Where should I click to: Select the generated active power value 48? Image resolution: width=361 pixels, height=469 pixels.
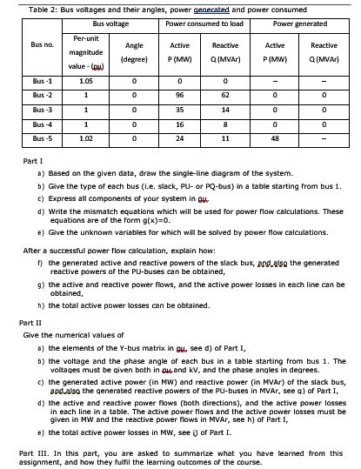click(x=274, y=137)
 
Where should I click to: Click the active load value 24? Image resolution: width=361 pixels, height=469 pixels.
click(x=180, y=137)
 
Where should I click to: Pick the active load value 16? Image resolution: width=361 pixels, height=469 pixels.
click(x=180, y=122)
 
